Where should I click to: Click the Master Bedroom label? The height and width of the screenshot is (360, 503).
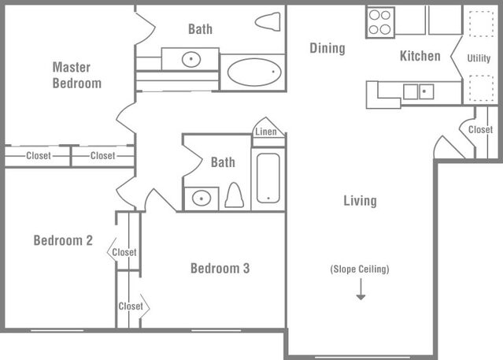coord(76,75)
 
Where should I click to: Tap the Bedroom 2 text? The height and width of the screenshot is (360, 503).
coord(63,240)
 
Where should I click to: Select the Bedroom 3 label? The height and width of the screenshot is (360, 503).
coord(220,269)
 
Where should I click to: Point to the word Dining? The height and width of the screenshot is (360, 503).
coord(327,49)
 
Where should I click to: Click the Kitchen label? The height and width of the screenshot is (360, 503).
coord(420,56)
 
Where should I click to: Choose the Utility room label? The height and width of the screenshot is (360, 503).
coord(479,58)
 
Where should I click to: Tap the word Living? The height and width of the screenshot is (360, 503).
coord(360,201)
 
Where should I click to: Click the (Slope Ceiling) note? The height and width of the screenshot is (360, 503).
coord(360,269)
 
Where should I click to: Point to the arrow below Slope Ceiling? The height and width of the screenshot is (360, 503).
coord(361,291)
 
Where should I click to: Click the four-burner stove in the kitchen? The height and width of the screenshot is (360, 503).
coord(380,21)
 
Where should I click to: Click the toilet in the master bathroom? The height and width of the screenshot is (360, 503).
coord(268,21)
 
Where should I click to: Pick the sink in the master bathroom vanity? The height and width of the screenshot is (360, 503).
coord(190,59)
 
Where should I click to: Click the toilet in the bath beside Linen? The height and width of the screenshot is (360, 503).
coord(234,195)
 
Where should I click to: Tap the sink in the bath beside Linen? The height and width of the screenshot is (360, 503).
coord(202,198)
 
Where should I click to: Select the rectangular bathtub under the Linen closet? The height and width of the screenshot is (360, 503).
coord(268,178)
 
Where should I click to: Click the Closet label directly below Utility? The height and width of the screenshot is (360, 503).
coord(480,129)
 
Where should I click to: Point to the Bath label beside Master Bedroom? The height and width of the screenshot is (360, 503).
coord(200,29)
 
